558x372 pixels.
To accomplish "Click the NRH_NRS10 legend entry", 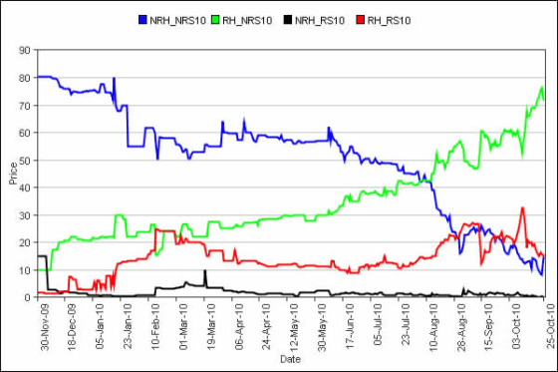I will [x=179, y=19].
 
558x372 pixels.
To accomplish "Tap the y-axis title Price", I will [x=12, y=174].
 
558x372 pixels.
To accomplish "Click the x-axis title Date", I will [x=290, y=358].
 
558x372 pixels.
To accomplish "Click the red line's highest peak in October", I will [x=522, y=208].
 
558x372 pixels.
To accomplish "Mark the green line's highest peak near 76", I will [x=541, y=88].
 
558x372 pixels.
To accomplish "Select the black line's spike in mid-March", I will [x=204, y=271].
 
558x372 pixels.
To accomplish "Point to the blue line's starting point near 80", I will [x=38, y=77].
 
